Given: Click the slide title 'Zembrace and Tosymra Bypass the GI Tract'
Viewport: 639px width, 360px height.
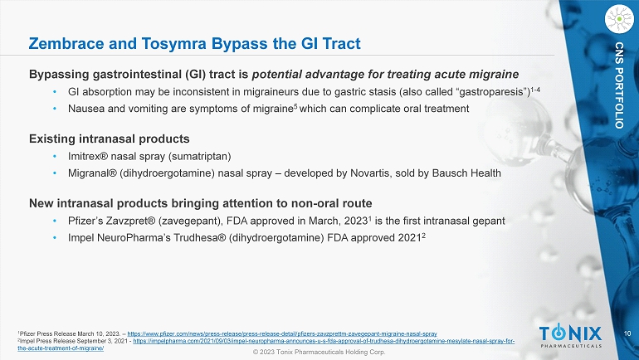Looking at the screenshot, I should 194,41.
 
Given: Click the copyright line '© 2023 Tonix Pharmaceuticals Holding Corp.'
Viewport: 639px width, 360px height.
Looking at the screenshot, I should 319,353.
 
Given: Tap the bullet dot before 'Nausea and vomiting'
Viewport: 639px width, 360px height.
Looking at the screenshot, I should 54,109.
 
